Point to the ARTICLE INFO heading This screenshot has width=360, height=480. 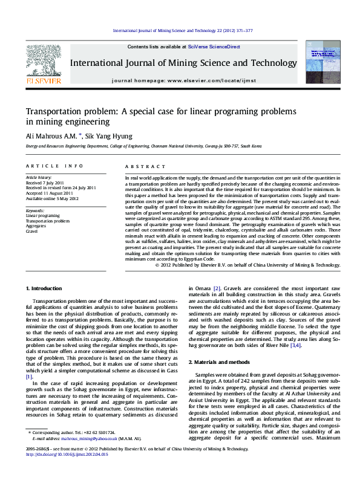(54, 166)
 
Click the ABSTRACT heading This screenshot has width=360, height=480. (141, 166)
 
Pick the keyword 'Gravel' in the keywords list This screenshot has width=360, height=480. (32, 232)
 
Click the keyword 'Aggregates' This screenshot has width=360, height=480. (36, 226)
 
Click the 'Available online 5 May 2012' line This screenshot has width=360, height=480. (52, 198)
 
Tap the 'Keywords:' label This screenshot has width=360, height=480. (36, 210)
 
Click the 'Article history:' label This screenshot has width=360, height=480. (39, 177)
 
